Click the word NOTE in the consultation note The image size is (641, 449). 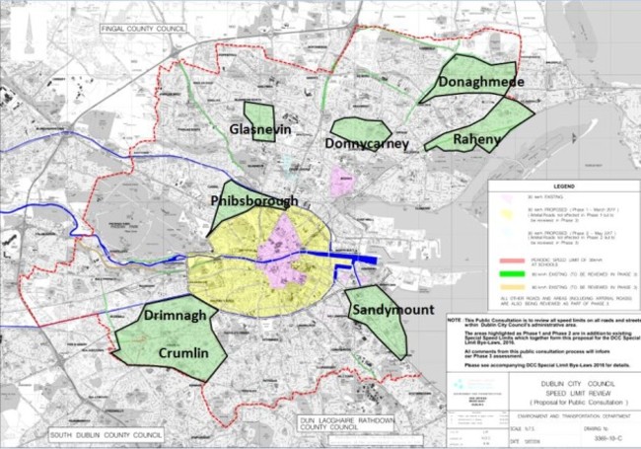[454, 322]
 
